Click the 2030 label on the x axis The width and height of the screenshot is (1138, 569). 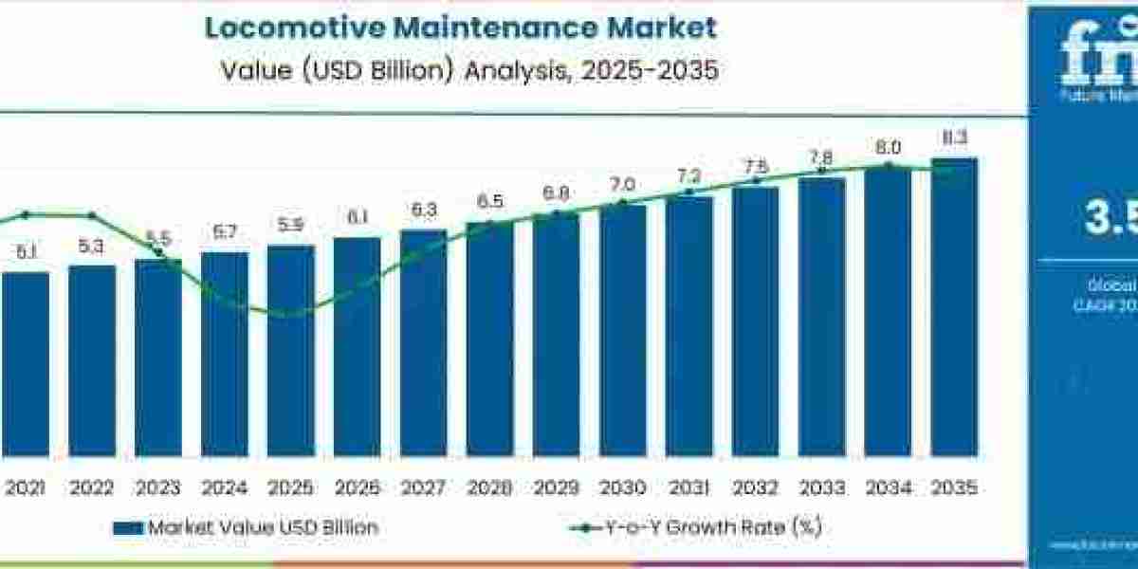pyautogui.click(x=622, y=487)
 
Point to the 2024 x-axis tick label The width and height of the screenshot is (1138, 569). pyautogui.click(x=225, y=487)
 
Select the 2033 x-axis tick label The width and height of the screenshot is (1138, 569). pyautogui.click(x=821, y=487)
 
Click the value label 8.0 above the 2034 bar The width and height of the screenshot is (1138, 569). pyautogui.click(x=889, y=147)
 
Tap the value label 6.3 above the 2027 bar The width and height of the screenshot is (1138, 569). pyautogui.click(x=423, y=210)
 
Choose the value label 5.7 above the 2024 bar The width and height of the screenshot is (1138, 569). pyautogui.click(x=225, y=232)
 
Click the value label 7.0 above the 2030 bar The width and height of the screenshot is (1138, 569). pyautogui.click(x=622, y=184)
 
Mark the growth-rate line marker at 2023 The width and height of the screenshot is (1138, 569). pyautogui.click(x=159, y=253)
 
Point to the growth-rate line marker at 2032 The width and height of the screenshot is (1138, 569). pyautogui.click(x=756, y=180)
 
